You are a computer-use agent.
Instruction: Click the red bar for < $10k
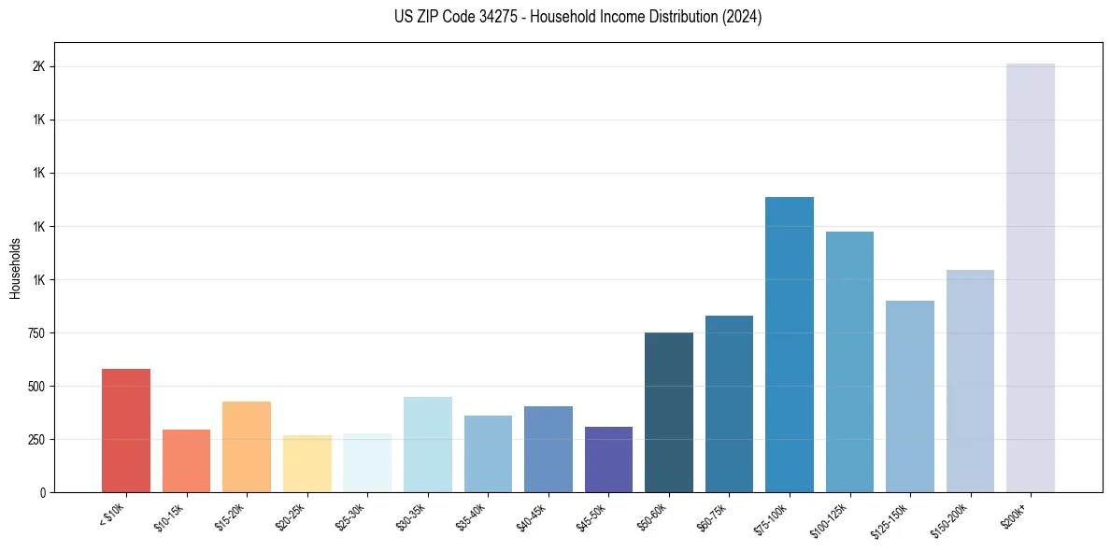pos(126,431)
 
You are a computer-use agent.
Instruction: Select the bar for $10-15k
pos(186,461)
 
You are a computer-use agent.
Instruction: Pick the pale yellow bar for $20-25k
pos(307,464)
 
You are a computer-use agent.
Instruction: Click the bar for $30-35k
pos(428,445)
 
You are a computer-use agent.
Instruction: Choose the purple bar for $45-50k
pos(608,459)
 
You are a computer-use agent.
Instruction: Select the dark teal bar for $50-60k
pos(669,413)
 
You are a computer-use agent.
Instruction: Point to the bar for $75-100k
pos(790,345)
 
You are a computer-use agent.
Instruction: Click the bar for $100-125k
pos(849,362)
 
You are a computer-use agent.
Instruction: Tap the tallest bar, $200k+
pos(1031,278)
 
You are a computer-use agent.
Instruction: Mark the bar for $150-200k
pos(970,381)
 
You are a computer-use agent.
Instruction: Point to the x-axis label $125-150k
pos(892,516)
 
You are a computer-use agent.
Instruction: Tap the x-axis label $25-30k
pos(351,515)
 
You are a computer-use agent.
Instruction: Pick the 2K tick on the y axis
pos(39,67)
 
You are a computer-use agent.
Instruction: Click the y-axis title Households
pos(16,268)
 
